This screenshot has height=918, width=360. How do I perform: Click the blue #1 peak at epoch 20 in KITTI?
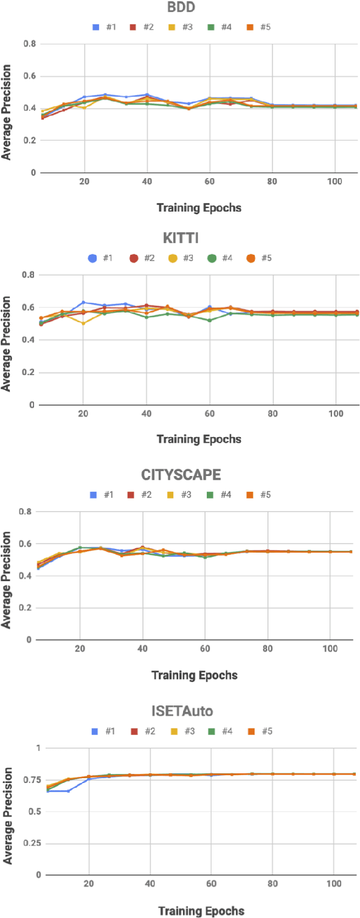[83, 302]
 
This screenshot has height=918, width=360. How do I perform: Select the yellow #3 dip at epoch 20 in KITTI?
[83, 323]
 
